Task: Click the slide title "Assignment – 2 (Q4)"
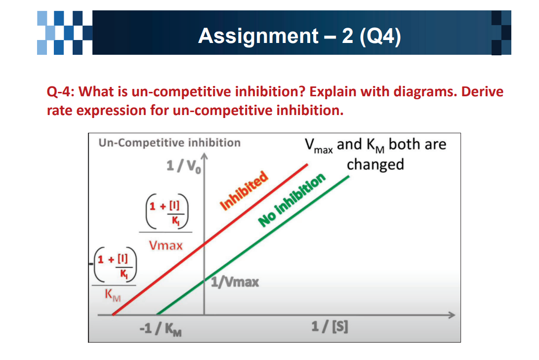pyautogui.click(x=299, y=36)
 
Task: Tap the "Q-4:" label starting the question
pyautogui.click(x=61, y=92)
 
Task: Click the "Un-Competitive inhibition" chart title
pyautogui.click(x=169, y=143)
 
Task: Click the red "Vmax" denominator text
pyautogui.click(x=166, y=245)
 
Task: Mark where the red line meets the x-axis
pyautogui.click(x=113, y=315)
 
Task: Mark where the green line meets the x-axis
pyautogui.click(x=157, y=315)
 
